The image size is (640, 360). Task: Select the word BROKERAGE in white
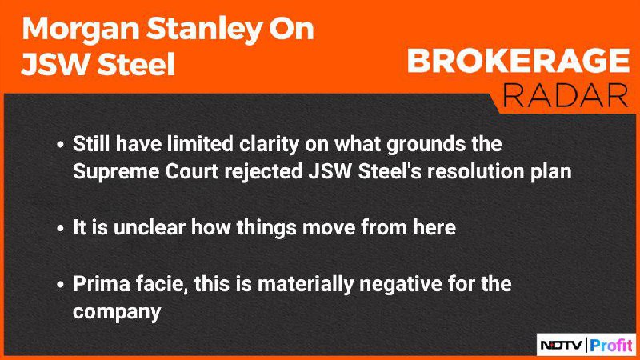pyautogui.click(x=518, y=61)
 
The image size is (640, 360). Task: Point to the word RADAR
pyautogui.click(x=566, y=96)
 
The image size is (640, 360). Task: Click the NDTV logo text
pyautogui.click(x=562, y=346)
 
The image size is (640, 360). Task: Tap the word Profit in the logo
pyautogui.click(x=611, y=346)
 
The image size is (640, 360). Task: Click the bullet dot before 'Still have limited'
pyautogui.click(x=61, y=145)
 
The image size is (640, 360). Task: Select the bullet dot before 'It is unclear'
pyautogui.click(x=61, y=228)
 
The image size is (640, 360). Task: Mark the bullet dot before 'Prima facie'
pyautogui.click(x=61, y=285)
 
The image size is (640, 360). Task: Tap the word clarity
pyautogui.click(x=269, y=145)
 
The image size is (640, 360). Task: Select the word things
pyautogui.click(x=266, y=228)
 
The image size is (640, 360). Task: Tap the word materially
pyautogui.click(x=306, y=285)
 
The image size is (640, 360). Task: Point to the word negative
pyautogui.click(x=401, y=285)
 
